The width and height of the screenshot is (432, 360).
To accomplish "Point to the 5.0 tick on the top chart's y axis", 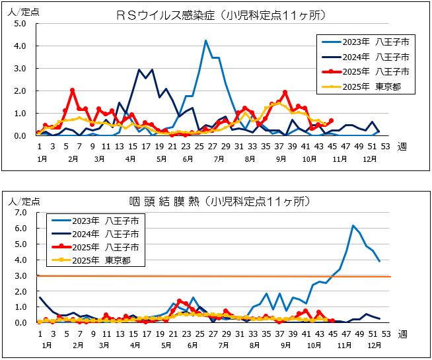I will pyautogui.click(x=20, y=24).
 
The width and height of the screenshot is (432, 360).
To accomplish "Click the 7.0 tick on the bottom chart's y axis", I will pyautogui.click(x=20, y=212).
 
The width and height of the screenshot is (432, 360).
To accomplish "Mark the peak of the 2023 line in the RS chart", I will pyautogui.click(x=206, y=41).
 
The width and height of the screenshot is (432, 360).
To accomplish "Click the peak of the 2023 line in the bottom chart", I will pyautogui.click(x=353, y=226).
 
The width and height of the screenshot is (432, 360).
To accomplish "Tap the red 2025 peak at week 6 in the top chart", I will pyautogui.click(x=72, y=90).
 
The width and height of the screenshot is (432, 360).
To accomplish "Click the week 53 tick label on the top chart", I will pyautogui.click(x=384, y=146).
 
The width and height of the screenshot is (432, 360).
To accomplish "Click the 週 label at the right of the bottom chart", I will pyautogui.click(x=402, y=334).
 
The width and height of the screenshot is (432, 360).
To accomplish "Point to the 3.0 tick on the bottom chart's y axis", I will pyautogui.click(x=20, y=275).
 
